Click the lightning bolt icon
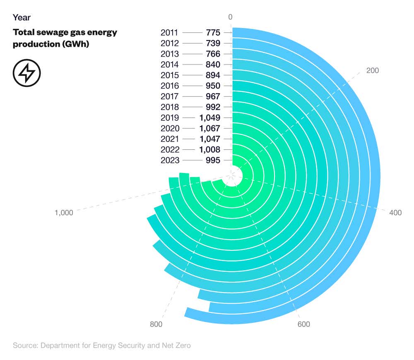point(27,73)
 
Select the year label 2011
point(169,33)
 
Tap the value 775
point(213,33)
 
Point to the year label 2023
point(169,160)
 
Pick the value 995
point(213,160)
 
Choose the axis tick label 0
point(231,17)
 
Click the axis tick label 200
point(373,70)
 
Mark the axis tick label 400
point(395,213)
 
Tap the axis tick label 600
point(303,324)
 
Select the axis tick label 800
point(156,324)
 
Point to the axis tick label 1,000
point(64,213)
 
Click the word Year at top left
point(22,17)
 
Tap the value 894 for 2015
point(213,75)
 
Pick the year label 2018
point(169,107)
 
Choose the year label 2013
point(169,54)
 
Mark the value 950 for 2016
point(213,86)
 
